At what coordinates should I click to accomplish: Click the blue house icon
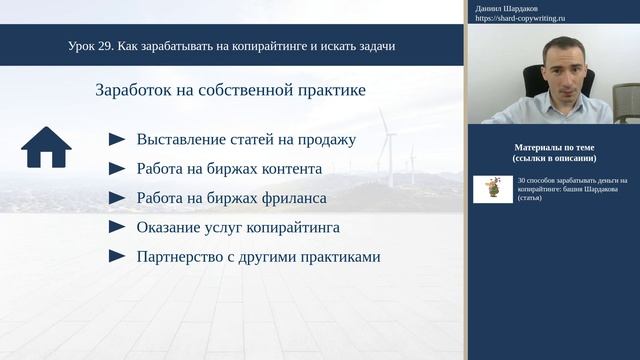[x=46, y=147]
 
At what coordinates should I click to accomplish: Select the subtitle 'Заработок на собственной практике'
[x=230, y=90]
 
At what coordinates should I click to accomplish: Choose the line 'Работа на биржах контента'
[x=229, y=169]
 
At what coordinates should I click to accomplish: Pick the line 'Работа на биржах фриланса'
[x=231, y=198]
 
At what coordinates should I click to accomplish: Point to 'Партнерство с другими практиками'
[x=258, y=256]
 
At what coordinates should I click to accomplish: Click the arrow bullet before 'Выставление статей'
[x=117, y=140]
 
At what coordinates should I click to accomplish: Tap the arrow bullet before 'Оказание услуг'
[x=117, y=227]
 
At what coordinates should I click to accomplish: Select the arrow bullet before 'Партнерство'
[x=117, y=256]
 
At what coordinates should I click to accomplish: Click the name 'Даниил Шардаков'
[x=508, y=8]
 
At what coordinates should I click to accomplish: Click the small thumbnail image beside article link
[x=488, y=188]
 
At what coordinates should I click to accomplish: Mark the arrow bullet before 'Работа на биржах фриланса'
[x=117, y=198]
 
